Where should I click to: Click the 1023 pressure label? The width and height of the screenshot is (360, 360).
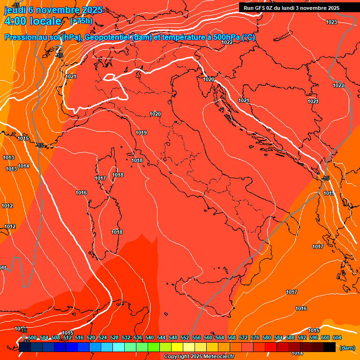(331, 22)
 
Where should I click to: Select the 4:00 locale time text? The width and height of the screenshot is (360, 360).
(33, 21)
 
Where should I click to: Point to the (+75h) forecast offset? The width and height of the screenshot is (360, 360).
(81, 21)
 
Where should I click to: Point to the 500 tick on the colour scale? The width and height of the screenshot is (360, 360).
(32, 337)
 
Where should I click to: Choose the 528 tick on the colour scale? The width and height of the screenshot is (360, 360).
(114, 337)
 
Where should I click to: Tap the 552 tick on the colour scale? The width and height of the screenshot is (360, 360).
(185, 337)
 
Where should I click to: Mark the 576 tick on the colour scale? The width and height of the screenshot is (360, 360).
(255, 337)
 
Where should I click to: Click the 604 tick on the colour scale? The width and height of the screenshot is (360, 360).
(337, 337)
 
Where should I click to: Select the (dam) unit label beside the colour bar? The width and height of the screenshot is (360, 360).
(347, 348)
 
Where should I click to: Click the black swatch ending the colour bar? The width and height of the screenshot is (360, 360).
(330, 347)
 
